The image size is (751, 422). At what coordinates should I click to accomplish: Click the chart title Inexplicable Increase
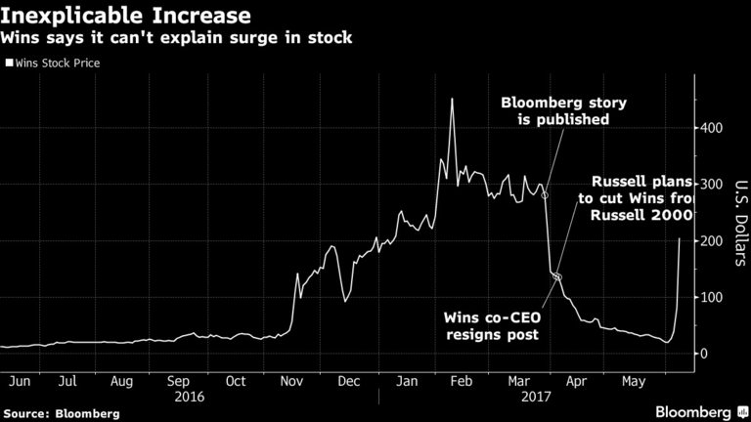click(126, 16)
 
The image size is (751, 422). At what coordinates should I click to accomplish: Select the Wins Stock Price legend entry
click(56, 63)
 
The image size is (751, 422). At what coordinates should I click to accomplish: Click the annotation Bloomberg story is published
click(554, 110)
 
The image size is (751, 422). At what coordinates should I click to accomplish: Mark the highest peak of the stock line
click(451, 99)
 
